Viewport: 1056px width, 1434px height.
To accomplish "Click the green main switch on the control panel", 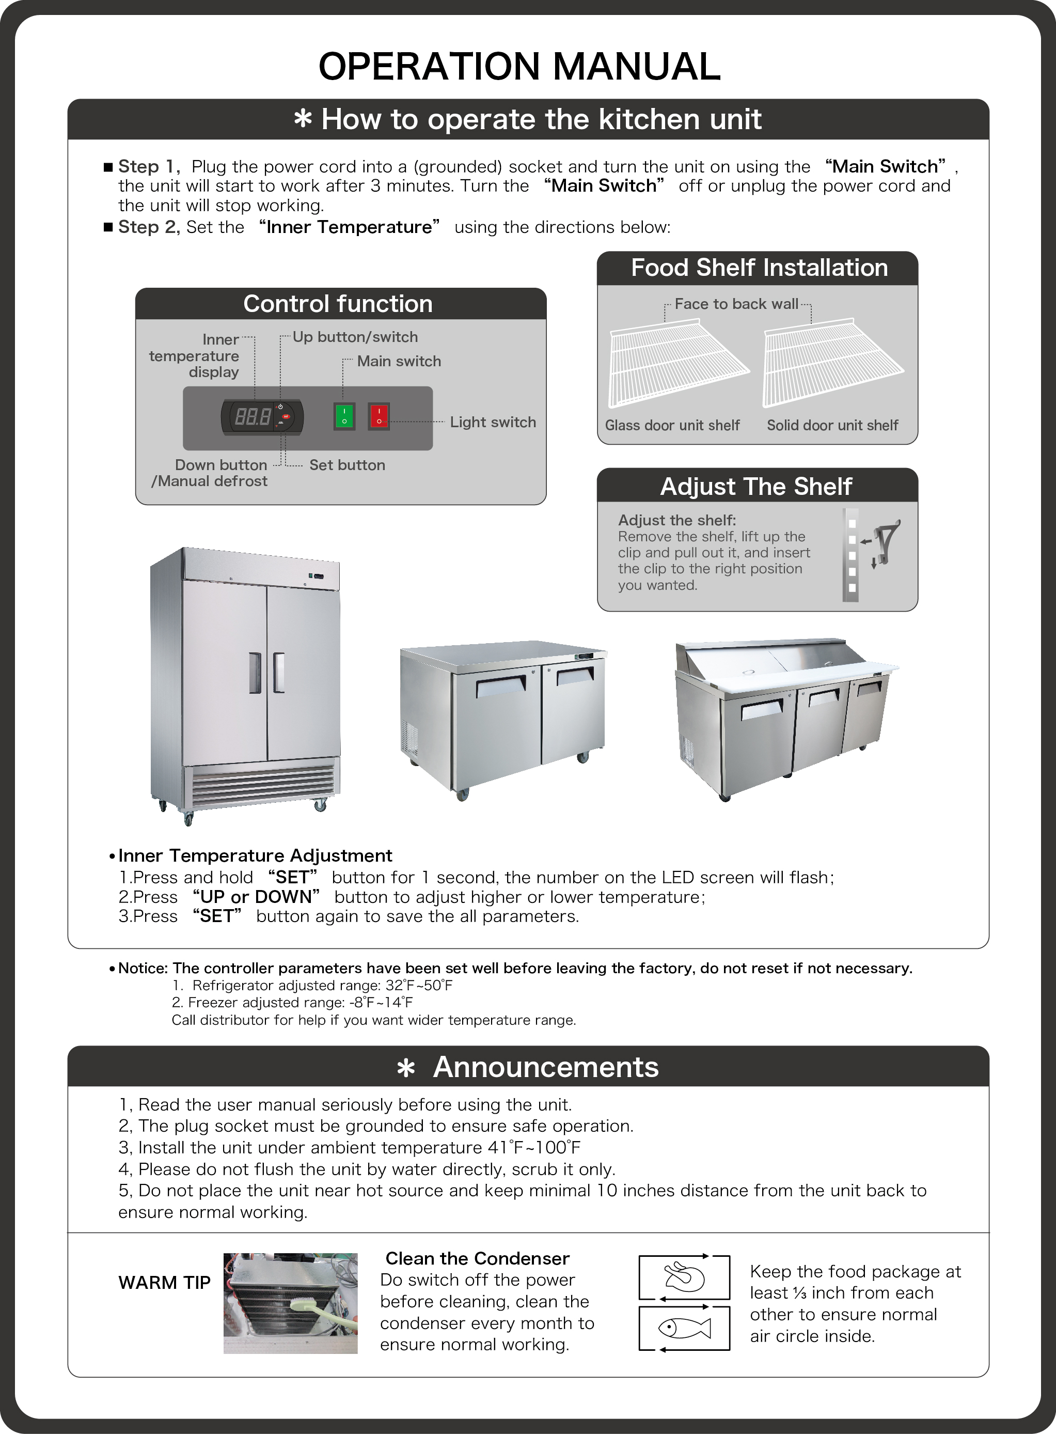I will point(344,416).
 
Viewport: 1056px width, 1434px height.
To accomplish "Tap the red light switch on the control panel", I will point(379,416).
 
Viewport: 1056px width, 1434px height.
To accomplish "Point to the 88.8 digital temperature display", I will point(253,417).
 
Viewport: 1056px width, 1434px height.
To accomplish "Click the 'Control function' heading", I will point(338,304).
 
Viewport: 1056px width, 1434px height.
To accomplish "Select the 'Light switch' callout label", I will point(492,422).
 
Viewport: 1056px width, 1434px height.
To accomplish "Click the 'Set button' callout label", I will point(347,465).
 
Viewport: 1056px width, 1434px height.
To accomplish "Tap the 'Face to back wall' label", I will point(736,304).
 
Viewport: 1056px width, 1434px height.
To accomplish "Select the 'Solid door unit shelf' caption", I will point(832,425).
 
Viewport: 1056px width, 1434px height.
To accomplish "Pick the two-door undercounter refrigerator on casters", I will point(503,716).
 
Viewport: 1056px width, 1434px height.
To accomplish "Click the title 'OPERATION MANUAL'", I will point(519,67).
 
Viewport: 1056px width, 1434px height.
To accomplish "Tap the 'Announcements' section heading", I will point(545,1067).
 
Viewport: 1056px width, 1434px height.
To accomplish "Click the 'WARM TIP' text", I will point(164,1283).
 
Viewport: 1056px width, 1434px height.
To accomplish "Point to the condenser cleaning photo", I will point(290,1303).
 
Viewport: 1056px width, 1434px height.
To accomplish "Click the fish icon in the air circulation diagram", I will point(685,1329).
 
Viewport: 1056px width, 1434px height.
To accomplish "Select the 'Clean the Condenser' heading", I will point(477,1258).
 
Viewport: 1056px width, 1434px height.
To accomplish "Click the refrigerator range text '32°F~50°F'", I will point(419,985).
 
